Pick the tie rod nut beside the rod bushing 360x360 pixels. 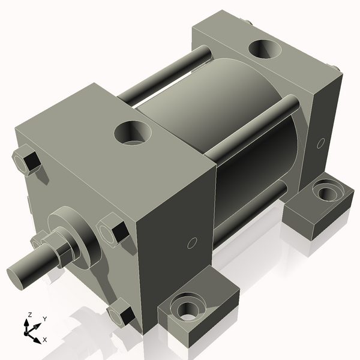tap(114, 231)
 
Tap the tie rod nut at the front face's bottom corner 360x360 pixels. tap(120, 314)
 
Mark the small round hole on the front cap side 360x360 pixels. tap(192, 243)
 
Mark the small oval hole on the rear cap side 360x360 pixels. tap(320, 143)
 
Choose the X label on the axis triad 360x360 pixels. tap(45, 340)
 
